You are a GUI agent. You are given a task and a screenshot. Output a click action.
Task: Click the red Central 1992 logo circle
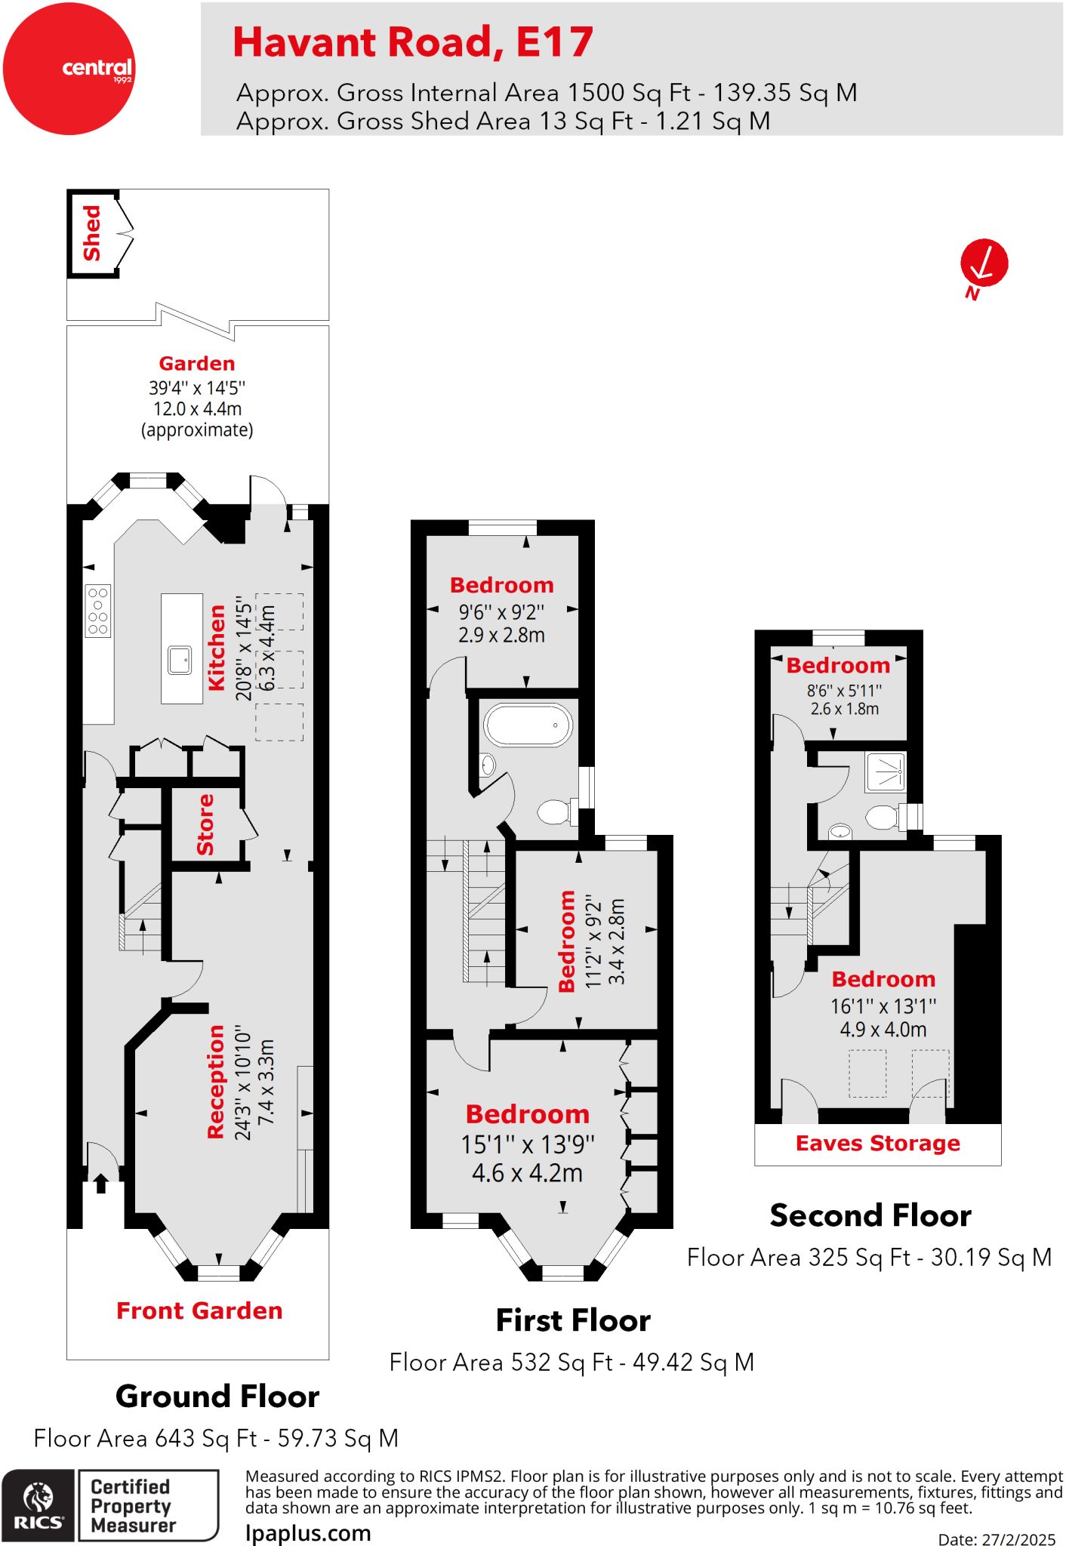pyautogui.click(x=69, y=69)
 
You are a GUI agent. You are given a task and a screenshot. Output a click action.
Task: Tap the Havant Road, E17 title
pyautogui.click(x=412, y=42)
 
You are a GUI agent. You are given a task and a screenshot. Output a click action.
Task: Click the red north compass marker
pyautogui.click(x=984, y=263)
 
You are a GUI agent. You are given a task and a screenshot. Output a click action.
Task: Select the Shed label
pyautogui.click(x=91, y=233)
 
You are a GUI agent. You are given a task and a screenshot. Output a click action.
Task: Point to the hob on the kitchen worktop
pyautogui.click(x=98, y=611)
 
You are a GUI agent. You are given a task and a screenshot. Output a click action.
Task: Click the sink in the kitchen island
pyautogui.click(x=180, y=660)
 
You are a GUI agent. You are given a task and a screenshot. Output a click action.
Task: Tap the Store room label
pyautogui.click(x=205, y=824)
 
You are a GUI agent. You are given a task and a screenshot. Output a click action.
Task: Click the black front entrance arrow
pyautogui.click(x=101, y=1182)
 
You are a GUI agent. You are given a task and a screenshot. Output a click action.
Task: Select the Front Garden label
pyautogui.click(x=199, y=1311)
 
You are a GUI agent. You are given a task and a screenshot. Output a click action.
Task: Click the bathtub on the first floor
pyautogui.click(x=528, y=725)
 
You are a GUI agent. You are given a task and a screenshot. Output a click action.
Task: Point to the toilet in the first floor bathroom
pyautogui.click(x=555, y=812)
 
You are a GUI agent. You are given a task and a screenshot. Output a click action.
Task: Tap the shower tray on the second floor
pyautogui.click(x=885, y=771)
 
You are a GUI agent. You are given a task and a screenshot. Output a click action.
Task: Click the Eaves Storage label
pyautogui.click(x=877, y=1144)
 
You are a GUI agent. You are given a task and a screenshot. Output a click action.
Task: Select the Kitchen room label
pyautogui.click(x=217, y=648)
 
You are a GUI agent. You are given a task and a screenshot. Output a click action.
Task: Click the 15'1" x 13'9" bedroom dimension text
pyautogui.click(x=528, y=1144)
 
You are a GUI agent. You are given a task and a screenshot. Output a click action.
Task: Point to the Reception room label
pyautogui.click(x=216, y=1081)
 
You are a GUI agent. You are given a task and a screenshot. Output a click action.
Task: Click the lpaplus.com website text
pyautogui.click(x=308, y=1533)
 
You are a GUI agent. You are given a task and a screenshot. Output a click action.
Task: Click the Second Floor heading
pyautogui.click(x=870, y=1216)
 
